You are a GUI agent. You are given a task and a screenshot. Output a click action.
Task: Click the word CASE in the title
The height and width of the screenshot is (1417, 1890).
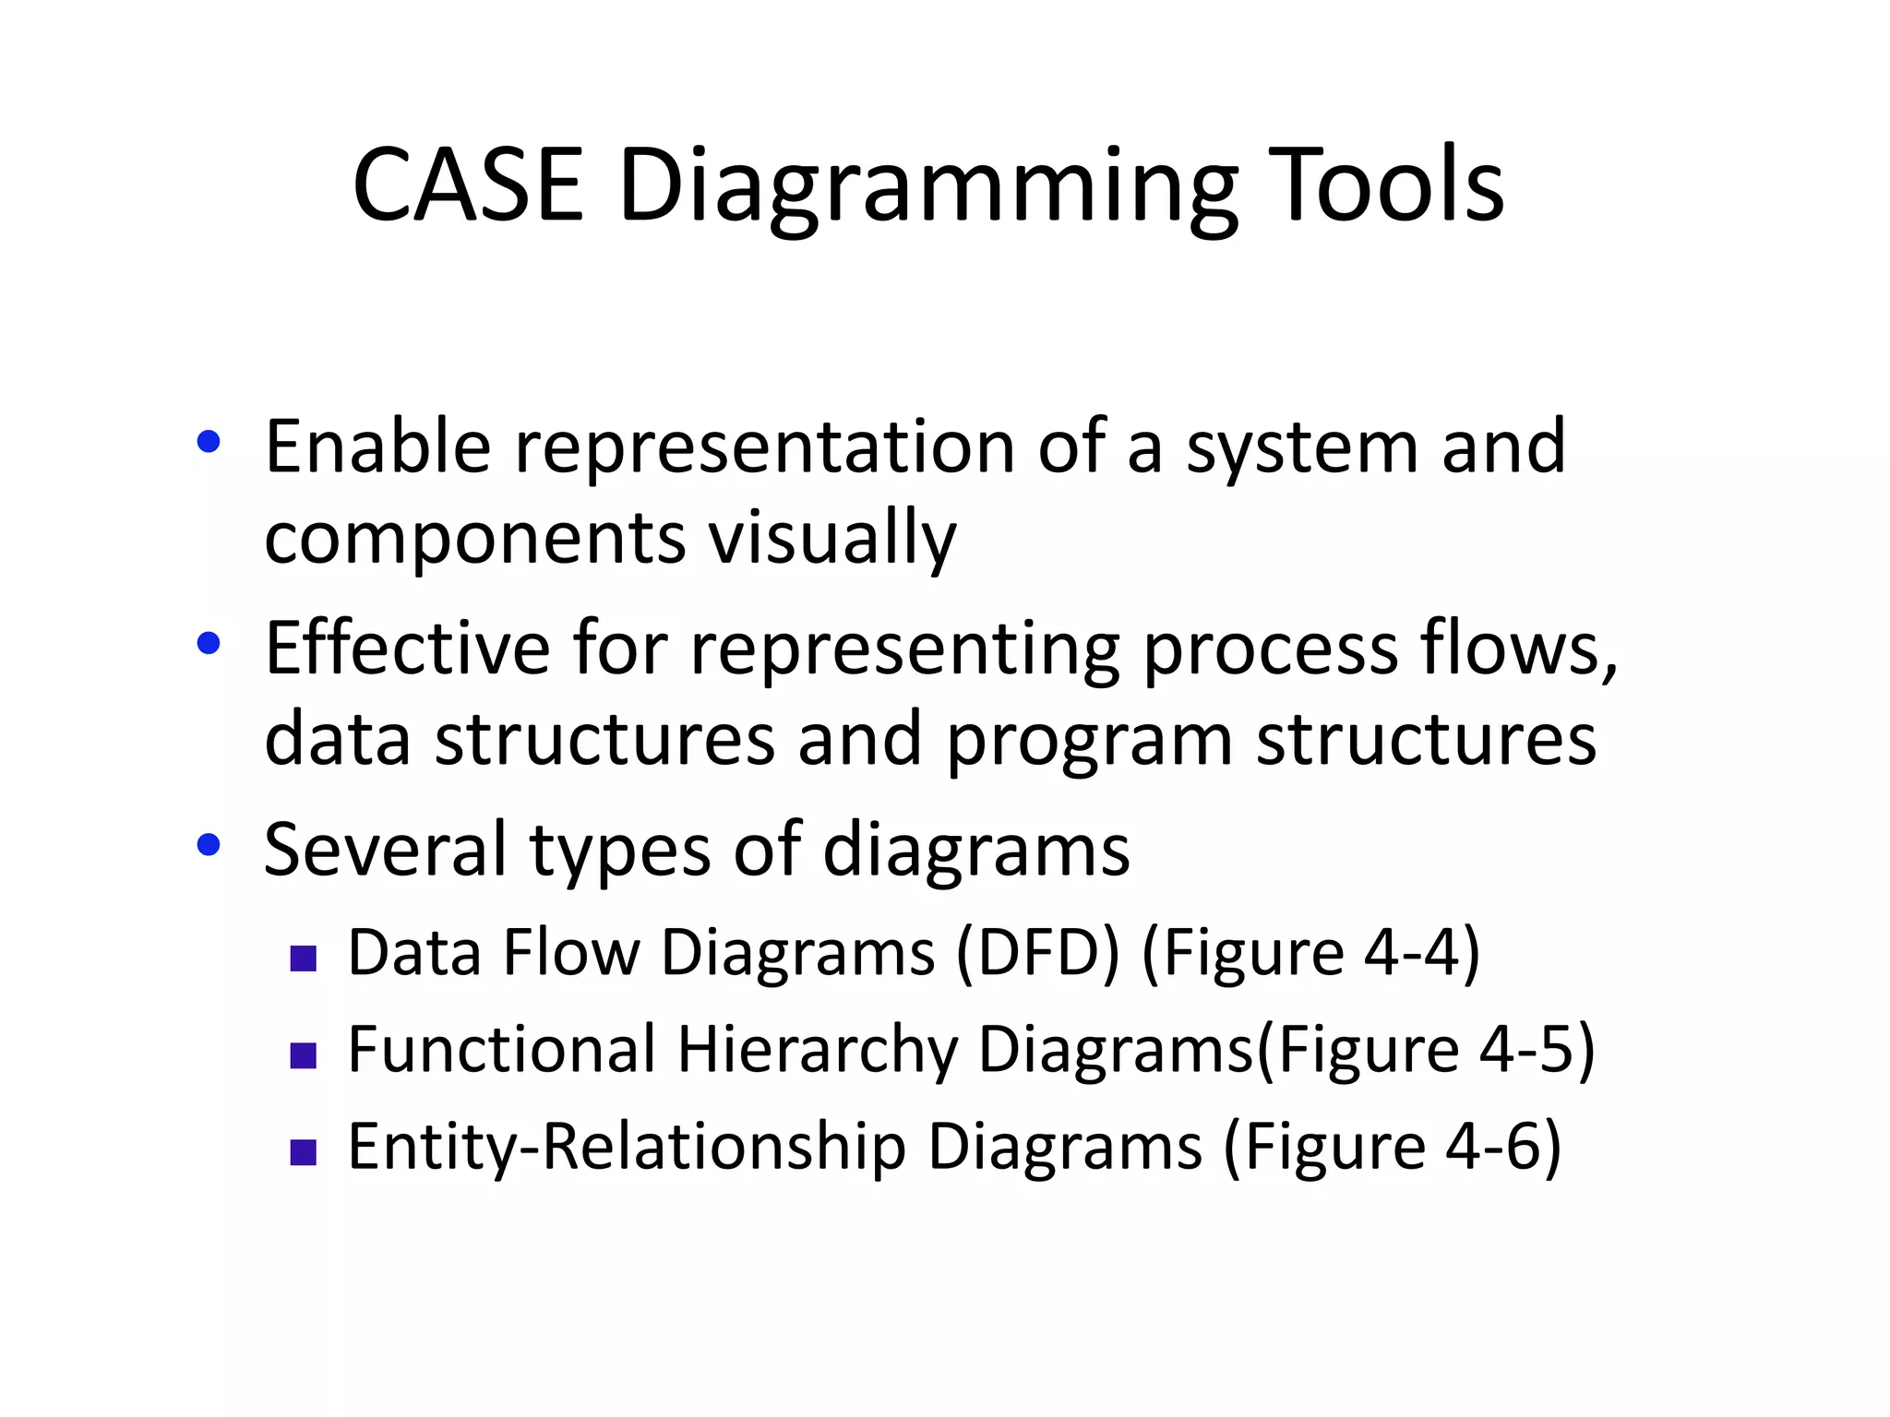tap(468, 185)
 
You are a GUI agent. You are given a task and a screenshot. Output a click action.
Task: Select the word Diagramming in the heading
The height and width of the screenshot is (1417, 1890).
tap(927, 189)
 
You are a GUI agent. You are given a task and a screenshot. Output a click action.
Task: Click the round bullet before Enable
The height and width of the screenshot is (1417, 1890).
tap(209, 442)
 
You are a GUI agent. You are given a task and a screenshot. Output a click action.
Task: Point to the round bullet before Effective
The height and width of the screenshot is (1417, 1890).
tap(209, 643)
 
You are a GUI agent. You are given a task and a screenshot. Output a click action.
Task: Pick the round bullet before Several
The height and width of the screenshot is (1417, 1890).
tap(209, 844)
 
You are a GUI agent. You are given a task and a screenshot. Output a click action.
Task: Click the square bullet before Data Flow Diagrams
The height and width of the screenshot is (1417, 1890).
tap(303, 959)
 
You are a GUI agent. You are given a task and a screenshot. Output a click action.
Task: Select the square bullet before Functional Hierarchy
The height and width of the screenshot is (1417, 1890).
tap(303, 1055)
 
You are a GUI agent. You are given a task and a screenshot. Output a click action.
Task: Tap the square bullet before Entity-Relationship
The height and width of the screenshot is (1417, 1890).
tap(303, 1152)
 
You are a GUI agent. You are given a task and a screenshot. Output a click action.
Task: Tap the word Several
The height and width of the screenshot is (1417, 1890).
tap(385, 849)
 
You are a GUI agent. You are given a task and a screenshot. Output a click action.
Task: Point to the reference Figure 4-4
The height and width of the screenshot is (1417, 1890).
tap(1310, 952)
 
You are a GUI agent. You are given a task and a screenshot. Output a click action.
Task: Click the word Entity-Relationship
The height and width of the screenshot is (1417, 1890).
tap(627, 1147)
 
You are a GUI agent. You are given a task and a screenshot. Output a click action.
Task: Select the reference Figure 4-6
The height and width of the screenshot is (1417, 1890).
tap(1392, 1147)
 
